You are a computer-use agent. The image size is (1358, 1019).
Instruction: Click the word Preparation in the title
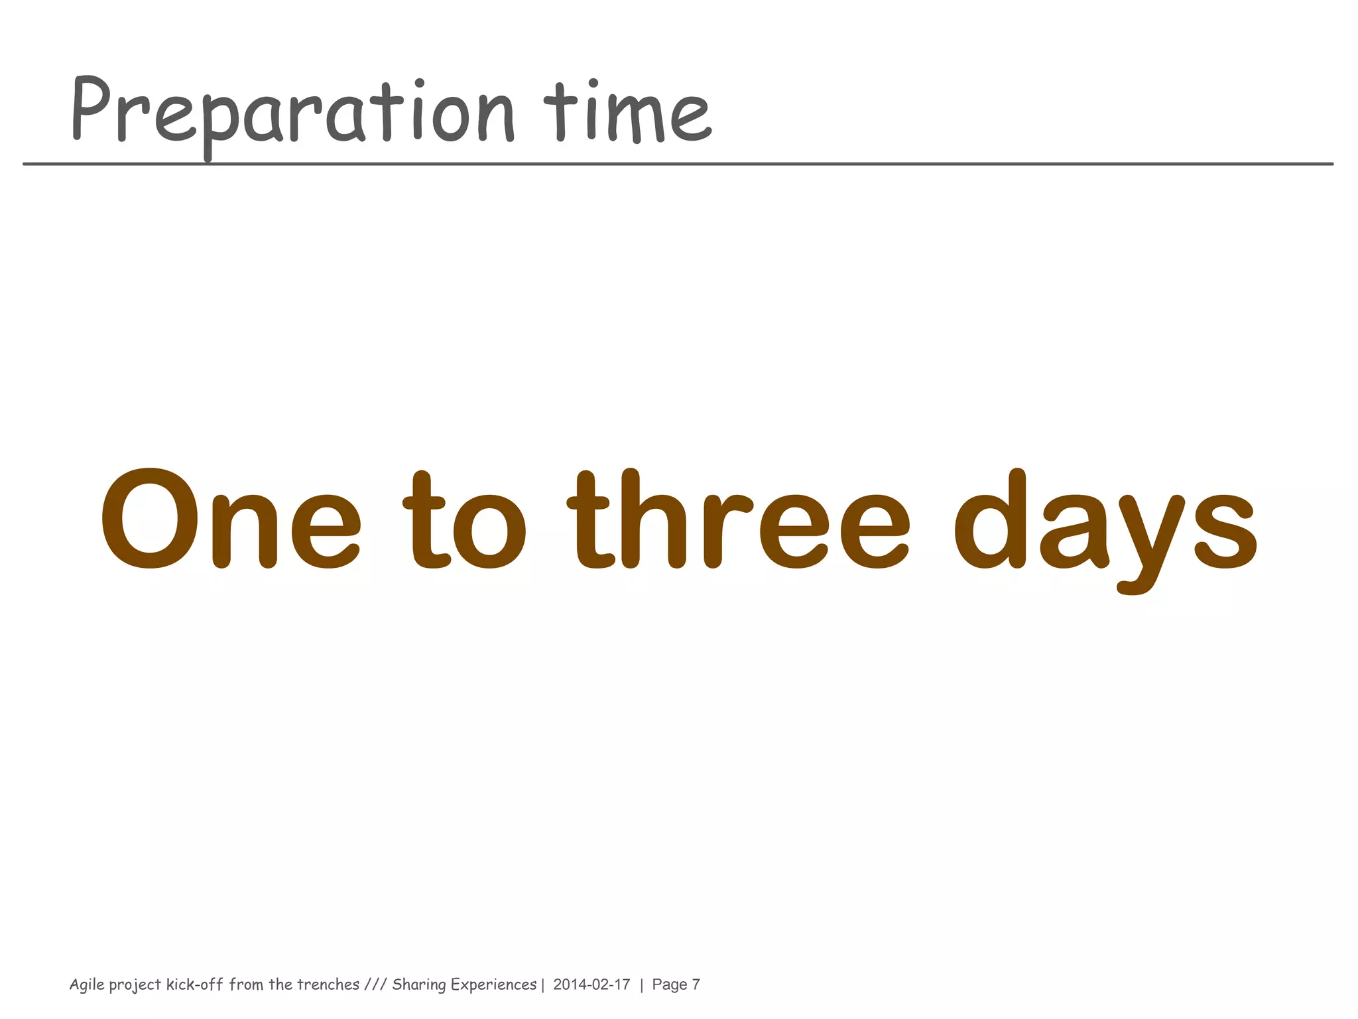292,113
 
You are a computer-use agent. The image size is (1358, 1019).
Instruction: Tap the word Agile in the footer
87,985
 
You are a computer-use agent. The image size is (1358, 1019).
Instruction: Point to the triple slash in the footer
375,984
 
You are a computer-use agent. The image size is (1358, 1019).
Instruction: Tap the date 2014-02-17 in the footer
591,985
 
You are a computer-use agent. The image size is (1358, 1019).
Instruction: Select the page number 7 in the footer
696,985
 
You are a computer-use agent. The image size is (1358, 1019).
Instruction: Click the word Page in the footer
669,985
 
